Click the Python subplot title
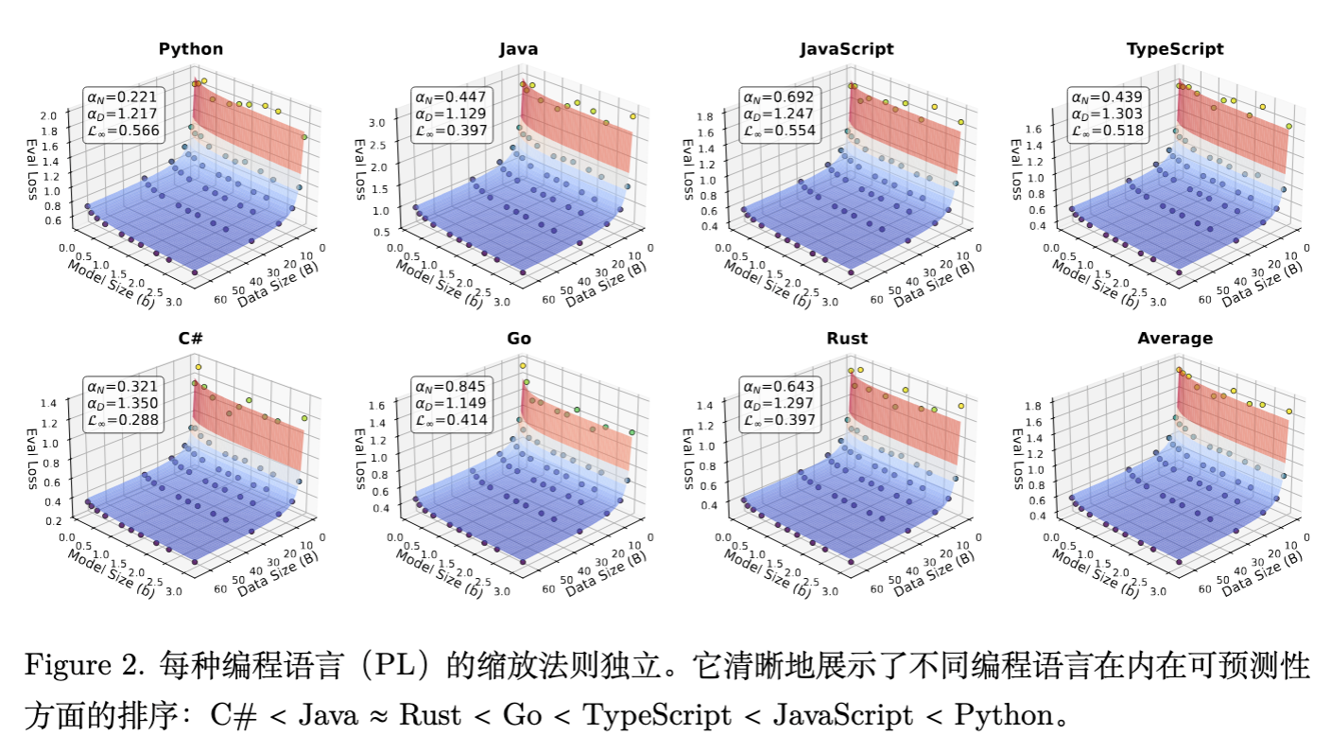[191, 49]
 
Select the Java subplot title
[519, 49]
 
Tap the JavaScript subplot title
[846, 49]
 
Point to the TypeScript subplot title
[1175, 49]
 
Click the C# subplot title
[191, 339]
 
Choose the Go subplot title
[519, 339]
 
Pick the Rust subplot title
[846, 339]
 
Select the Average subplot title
[1175, 339]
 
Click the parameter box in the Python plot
[124, 114]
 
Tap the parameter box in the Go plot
[452, 403]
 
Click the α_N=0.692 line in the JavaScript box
[779, 97]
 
